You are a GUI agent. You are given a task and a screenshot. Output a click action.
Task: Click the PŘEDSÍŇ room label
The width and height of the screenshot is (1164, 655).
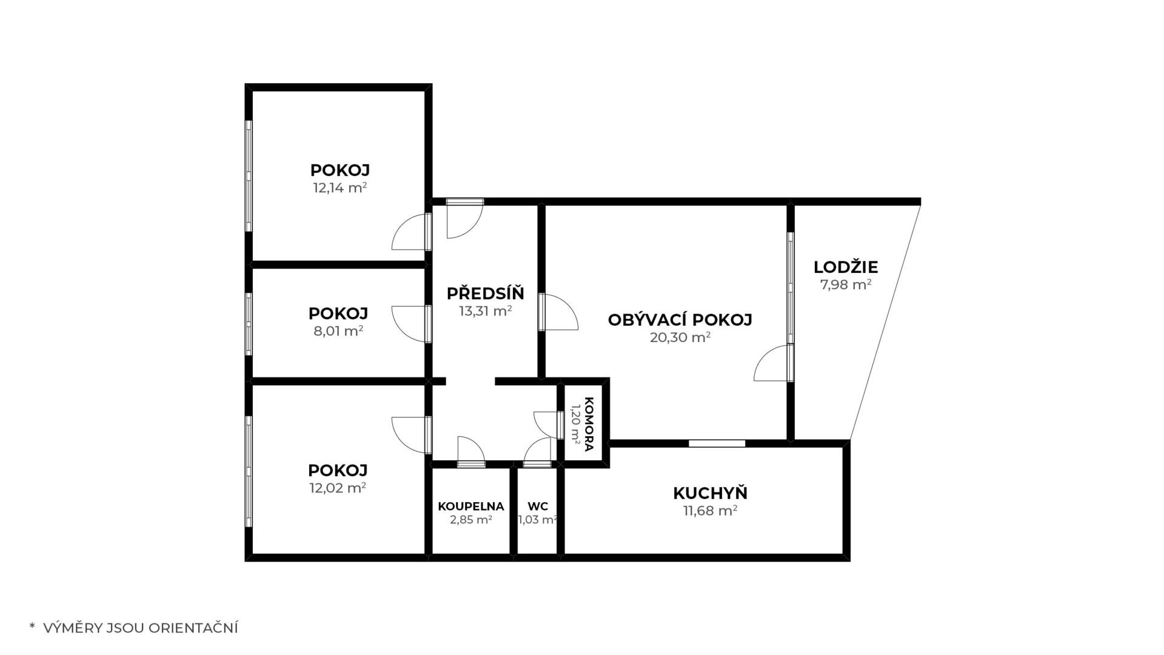pyautogui.click(x=485, y=294)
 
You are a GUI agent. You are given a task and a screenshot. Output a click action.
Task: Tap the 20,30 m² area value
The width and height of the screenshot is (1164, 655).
pyautogui.click(x=680, y=337)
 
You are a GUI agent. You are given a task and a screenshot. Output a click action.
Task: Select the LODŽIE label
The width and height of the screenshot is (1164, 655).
pyautogui.click(x=846, y=267)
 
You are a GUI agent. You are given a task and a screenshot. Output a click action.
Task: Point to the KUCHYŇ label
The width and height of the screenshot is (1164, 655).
pyautogui.click(x=710, y=493)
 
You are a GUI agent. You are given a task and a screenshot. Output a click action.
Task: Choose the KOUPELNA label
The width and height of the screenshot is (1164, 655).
pyautogui.click(x=471, y=506)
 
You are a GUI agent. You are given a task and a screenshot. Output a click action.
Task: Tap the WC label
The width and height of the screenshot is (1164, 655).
pyautogui.click(x=538, y=506)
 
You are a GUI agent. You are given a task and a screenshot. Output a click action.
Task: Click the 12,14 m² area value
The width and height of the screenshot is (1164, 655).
pyautogui.click(x=339, y=187)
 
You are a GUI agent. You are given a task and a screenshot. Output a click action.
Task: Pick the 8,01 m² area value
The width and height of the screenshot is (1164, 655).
pyautogui.click(x=338, y=331)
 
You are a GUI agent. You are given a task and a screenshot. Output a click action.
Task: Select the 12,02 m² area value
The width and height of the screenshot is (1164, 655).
pyautogui.click(x=338, y=488)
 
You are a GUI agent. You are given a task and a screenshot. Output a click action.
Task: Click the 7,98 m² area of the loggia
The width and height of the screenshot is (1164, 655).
pyautogui.click(x=846, y=284)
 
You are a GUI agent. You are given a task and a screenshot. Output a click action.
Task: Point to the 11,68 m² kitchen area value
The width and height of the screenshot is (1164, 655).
pyautogui.click(x=710, y=511)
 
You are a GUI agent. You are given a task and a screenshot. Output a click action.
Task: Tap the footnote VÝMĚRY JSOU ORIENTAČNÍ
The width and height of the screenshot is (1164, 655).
pyautogui.click(x=141, y=628)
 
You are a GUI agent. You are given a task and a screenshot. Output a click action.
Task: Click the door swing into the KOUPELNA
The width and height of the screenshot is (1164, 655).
pyautogui.click(x=471, y=452)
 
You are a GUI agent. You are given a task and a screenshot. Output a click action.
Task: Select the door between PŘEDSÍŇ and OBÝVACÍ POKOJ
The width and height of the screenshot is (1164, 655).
pyautogui.click(x=558, y=312)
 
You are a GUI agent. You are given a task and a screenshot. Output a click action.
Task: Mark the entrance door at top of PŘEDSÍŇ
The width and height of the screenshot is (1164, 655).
pyautogui.click(x=465, y=218)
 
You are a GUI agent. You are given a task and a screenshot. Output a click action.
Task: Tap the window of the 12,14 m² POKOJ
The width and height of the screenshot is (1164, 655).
pyautogui.click(x=249, y=176)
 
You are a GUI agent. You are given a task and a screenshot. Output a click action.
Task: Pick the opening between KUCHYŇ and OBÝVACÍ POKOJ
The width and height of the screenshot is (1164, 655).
pyautogui.click(x=717, y=443)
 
